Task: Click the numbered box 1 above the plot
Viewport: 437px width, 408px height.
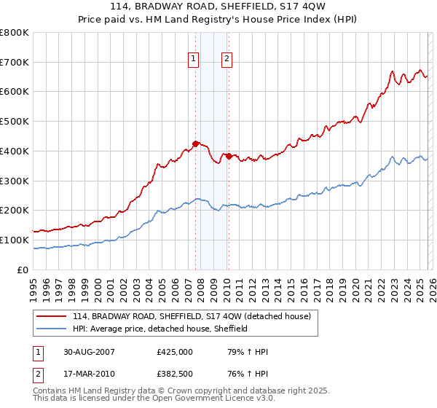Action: click(x=194, y=60)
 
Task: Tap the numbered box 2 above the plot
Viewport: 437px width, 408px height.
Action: click(x=227, y=60)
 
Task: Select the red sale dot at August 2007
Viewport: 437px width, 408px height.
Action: click(x=196, y=144)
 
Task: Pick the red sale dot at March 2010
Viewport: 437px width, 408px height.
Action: click(x=229, y=156)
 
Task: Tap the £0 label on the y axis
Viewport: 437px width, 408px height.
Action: click(x=22, y=270)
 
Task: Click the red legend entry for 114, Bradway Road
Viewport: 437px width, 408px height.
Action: click(x=192, y=316)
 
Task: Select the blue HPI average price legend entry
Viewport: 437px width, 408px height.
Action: click(x=160, y=329)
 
